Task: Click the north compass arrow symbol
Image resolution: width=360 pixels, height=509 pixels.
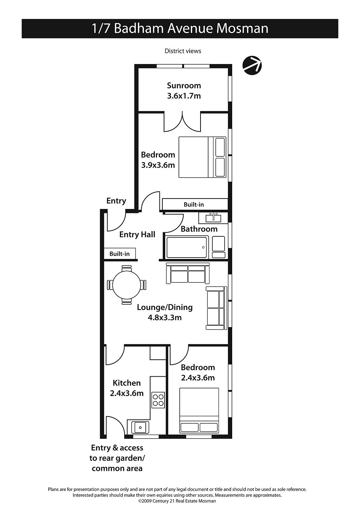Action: (x=252, y=65)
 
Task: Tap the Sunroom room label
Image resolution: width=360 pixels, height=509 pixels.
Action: (x=184, y=86)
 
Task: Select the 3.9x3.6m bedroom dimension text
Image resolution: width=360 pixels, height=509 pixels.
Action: (x=158, y=165)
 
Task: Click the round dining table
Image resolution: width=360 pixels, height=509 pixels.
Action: (x=127, y=285)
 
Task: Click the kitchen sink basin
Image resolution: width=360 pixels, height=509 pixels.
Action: (x=140, y=427)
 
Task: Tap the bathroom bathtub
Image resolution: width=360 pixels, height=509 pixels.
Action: (x=187, y=247)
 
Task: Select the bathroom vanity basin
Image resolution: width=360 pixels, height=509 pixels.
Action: (x=213, y=218)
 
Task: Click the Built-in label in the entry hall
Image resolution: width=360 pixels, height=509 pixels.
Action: (x=120, y=254)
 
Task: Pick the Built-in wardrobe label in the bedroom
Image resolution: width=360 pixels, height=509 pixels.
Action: (x=194, y=205)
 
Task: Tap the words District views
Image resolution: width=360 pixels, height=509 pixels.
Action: (x=183, y=51)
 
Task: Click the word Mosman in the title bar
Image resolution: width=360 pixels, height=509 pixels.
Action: (x=242, y=29)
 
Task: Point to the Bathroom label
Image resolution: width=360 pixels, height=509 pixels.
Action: (x=199, y=229)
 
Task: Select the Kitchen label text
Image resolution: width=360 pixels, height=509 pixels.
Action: (x=127, y=383)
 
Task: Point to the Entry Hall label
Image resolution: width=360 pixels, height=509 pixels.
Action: (x=137, y=235)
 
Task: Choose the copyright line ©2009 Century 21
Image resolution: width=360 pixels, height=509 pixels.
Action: (x=177, y=501)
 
